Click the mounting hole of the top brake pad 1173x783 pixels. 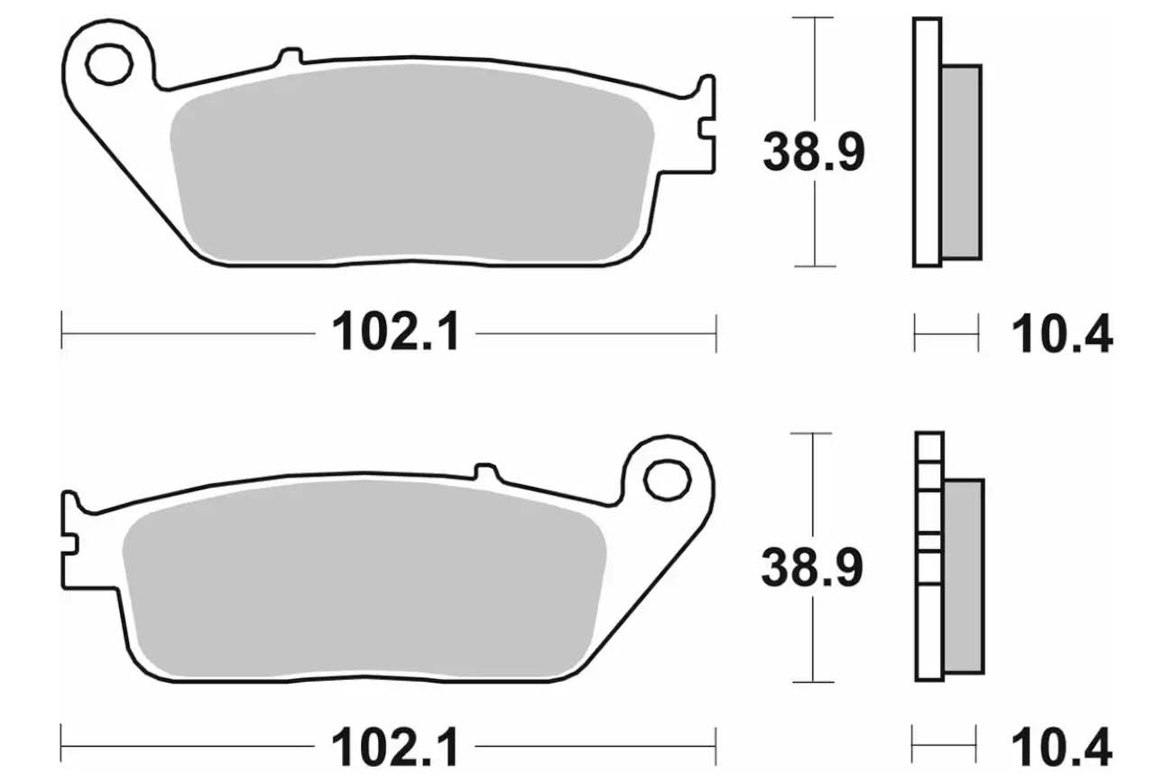coord(109,64)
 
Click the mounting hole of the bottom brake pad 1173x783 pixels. coord(667,480)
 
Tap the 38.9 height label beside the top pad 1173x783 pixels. coord(814,153)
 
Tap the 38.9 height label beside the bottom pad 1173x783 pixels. coord(812,567)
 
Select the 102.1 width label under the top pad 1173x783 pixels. coord(396,331)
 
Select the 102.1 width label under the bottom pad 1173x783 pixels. coord(395,747)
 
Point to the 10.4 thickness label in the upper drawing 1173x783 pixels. coord(1062,334)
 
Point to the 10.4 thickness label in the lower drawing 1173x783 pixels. coord(1061,748)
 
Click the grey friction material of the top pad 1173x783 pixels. coord(412,163)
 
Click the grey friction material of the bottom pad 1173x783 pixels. coord(365,579)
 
